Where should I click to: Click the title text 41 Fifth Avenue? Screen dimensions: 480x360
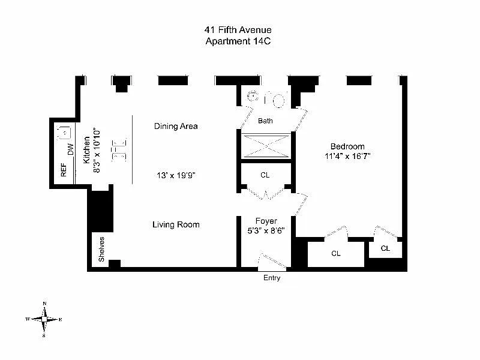238,29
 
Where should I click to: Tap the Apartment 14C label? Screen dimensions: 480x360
238,41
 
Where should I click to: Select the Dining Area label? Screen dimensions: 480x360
176,126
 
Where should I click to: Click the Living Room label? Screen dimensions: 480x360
176,224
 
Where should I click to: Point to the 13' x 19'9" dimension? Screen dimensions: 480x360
176,175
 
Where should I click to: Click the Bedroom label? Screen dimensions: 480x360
347,146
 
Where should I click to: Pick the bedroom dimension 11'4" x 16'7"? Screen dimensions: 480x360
347,156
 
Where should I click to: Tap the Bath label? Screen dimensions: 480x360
265,121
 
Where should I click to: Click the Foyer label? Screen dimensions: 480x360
266,221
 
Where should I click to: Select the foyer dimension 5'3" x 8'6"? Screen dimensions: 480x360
266,230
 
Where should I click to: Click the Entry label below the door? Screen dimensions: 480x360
272,278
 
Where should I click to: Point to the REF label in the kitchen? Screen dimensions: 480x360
64,170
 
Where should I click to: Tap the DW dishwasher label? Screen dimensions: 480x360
71,149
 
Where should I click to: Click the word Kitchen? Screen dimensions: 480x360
86,150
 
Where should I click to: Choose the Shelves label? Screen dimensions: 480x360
101,249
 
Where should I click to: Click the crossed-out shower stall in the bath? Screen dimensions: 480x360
266,146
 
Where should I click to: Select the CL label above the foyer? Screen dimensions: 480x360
265,175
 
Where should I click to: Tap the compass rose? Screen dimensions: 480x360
44,319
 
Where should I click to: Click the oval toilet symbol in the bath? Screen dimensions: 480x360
278,101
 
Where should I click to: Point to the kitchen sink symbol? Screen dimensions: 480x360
64,133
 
